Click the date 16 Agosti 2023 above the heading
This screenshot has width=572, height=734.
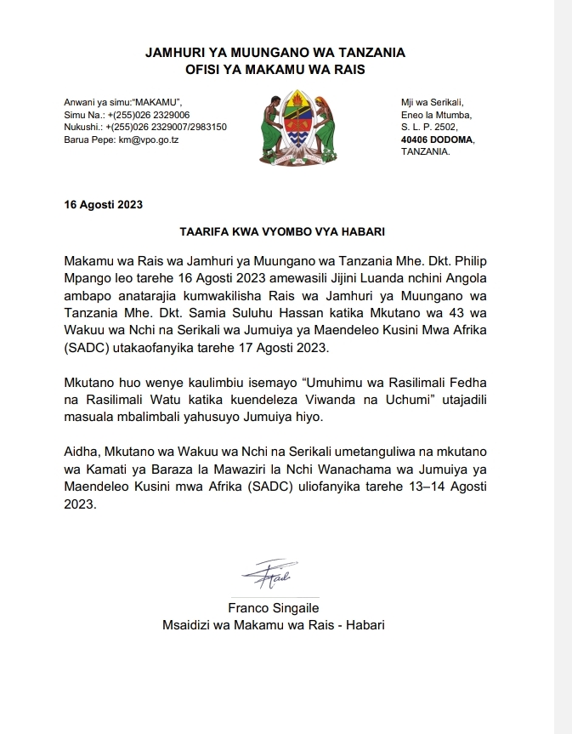pyautogui.click(x=104, y=204)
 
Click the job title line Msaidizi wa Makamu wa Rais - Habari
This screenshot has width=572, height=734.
pyautogui.click(x=274, y=624)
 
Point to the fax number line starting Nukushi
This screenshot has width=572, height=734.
pyautogui.click(x=145, y=127)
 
